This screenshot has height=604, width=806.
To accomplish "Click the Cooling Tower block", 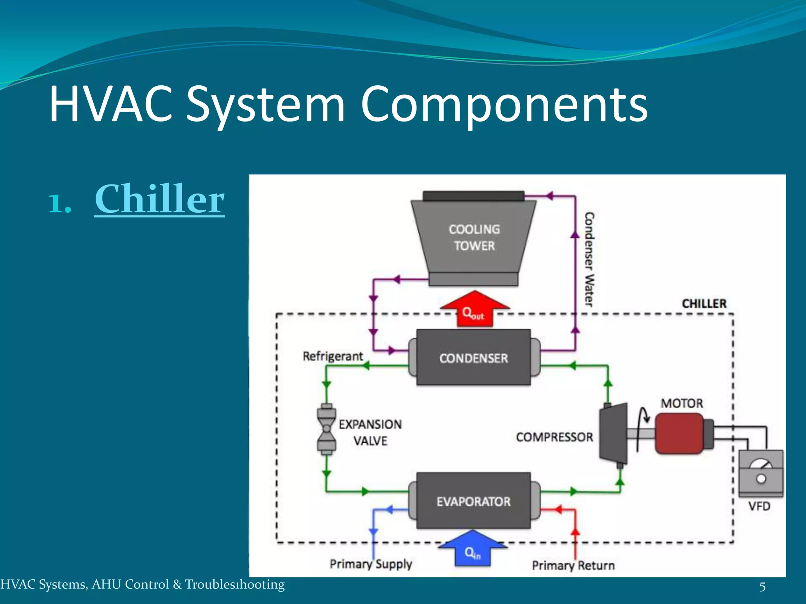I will click(474, 238).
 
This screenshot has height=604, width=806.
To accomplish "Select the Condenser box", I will click(473, 357).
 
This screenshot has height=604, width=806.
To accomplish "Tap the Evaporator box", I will click(473, 501).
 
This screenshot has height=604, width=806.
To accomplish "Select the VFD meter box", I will click(760, 473).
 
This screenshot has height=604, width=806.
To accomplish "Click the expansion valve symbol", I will click(326, 429).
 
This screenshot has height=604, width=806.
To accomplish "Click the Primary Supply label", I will click(371, 564).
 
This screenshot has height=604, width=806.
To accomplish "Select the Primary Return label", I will click(573, 565).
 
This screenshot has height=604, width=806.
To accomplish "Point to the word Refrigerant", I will click(333, 356).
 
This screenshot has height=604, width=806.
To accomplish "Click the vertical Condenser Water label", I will click(589, 260).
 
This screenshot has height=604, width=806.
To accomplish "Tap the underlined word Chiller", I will click(159, 199).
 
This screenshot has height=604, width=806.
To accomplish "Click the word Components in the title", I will click(504, 105).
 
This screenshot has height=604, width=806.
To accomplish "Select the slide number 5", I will click(762, 587).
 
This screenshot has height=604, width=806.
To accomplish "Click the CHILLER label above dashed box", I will click(704, 304).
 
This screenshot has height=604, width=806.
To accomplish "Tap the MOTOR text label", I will click(682, 403).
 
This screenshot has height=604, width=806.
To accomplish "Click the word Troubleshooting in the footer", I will click(235, 585).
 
